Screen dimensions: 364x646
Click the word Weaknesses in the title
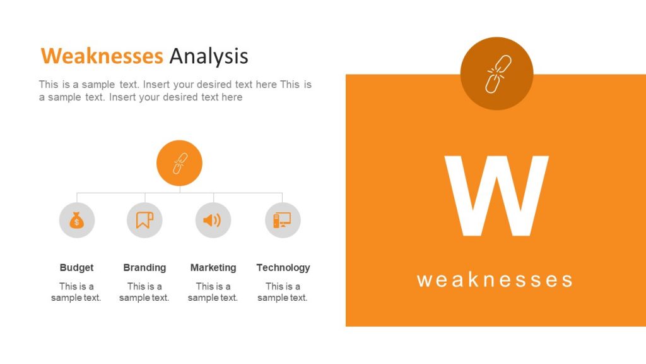[102, 56]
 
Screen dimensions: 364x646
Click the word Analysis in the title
[208, 56]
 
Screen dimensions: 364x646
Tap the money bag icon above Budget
[77, 221]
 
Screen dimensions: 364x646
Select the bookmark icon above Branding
[145, 221]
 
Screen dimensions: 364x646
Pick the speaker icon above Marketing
[213, 221]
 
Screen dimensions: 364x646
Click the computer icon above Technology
[282, 221]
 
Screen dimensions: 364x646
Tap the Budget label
[76, 267]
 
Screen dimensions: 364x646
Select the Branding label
[144, 267]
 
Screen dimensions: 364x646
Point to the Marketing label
[213, 267]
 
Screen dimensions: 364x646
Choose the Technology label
[283, 267]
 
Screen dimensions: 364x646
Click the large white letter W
[496, 196]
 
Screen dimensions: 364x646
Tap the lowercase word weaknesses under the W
[495, 279]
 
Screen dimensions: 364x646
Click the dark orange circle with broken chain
[497, 73]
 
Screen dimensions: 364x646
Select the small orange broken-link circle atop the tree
[179, 163]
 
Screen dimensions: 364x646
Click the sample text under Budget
[76, 292]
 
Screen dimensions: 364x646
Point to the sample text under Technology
[283, 292]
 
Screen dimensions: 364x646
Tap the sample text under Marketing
[213, 292]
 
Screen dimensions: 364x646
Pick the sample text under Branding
[144, 292]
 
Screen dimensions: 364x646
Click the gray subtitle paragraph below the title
[175, 91]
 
